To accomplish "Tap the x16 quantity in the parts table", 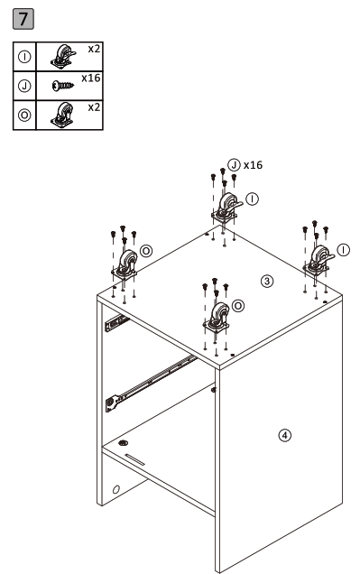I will click(89, 79).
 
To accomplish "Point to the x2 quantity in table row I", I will click(92, 47).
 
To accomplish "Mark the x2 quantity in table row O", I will click(92, 106).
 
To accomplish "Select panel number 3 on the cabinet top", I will click(266, 281).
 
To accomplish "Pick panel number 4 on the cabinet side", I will click(285, 435).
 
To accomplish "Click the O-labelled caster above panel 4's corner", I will click(217, 319).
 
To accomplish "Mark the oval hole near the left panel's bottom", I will click(115, 490).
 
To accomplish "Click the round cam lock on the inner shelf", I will click(123, 445).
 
